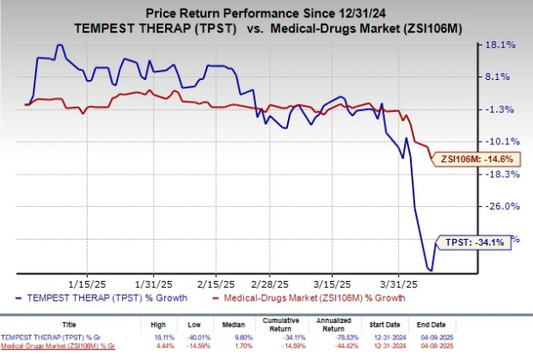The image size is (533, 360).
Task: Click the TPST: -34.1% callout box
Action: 474,243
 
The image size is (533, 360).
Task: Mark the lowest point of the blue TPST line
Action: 430,271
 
